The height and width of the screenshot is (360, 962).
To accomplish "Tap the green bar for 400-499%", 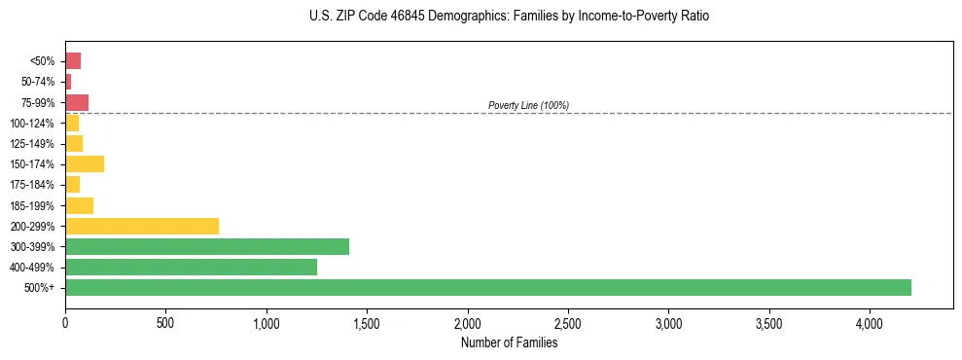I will coord(191,267).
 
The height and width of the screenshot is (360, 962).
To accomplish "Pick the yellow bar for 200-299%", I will coord(142,226).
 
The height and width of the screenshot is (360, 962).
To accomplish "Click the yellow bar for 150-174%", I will coord(85,163).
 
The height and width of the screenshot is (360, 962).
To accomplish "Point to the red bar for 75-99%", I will coord(77,102).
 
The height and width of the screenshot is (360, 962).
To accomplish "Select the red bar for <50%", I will coord(73,60).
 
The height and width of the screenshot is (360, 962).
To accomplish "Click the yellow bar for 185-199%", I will coord(79,205).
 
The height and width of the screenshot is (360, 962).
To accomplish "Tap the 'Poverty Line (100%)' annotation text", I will coord(528,105).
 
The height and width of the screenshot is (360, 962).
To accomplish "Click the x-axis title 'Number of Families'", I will coord(509,342).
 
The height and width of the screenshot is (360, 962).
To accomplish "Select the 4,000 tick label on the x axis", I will coord(870,323).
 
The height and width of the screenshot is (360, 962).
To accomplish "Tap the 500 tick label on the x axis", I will coord(165,323).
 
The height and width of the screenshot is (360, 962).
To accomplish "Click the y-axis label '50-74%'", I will coord(38,82).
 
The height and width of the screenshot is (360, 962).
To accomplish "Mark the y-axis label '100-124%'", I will coord(33,123).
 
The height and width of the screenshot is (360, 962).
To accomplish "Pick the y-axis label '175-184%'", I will coord(33,185).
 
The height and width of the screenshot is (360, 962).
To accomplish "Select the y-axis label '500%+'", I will coord(41,288).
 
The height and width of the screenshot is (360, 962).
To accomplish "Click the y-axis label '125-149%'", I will coord(33,144).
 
